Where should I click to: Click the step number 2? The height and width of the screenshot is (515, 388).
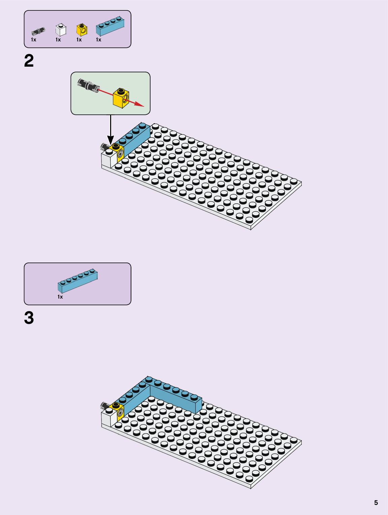[x=29, y=61]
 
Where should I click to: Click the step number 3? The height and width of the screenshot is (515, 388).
[x=29, y=318]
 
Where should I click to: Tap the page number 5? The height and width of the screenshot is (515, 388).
[x=376, y=503]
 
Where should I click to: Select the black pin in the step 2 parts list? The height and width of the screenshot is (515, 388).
[x=38, y=31]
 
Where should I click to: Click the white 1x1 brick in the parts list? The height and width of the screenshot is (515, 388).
[x=61, y=30]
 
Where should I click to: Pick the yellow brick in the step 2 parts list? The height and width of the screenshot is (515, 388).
[x=82, y=30]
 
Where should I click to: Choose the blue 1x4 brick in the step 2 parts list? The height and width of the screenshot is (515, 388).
[x=110, y=26]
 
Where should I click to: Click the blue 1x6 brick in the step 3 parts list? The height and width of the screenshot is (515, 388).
[x=77, y=281]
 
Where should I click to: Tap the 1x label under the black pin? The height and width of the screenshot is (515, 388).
[x=34, y=40]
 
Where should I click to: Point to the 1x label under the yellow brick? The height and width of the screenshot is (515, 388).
[x=79, y=40]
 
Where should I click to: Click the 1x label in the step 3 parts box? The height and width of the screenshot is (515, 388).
[x=60, y=297]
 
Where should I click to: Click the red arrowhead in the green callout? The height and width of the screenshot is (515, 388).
[x=139, y=105]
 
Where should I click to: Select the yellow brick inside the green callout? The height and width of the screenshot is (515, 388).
[x=121, y=98]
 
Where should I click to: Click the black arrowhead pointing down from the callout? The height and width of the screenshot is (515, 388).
[x=110, y=140]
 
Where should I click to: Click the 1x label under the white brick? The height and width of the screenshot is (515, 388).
[x=58, y=40]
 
